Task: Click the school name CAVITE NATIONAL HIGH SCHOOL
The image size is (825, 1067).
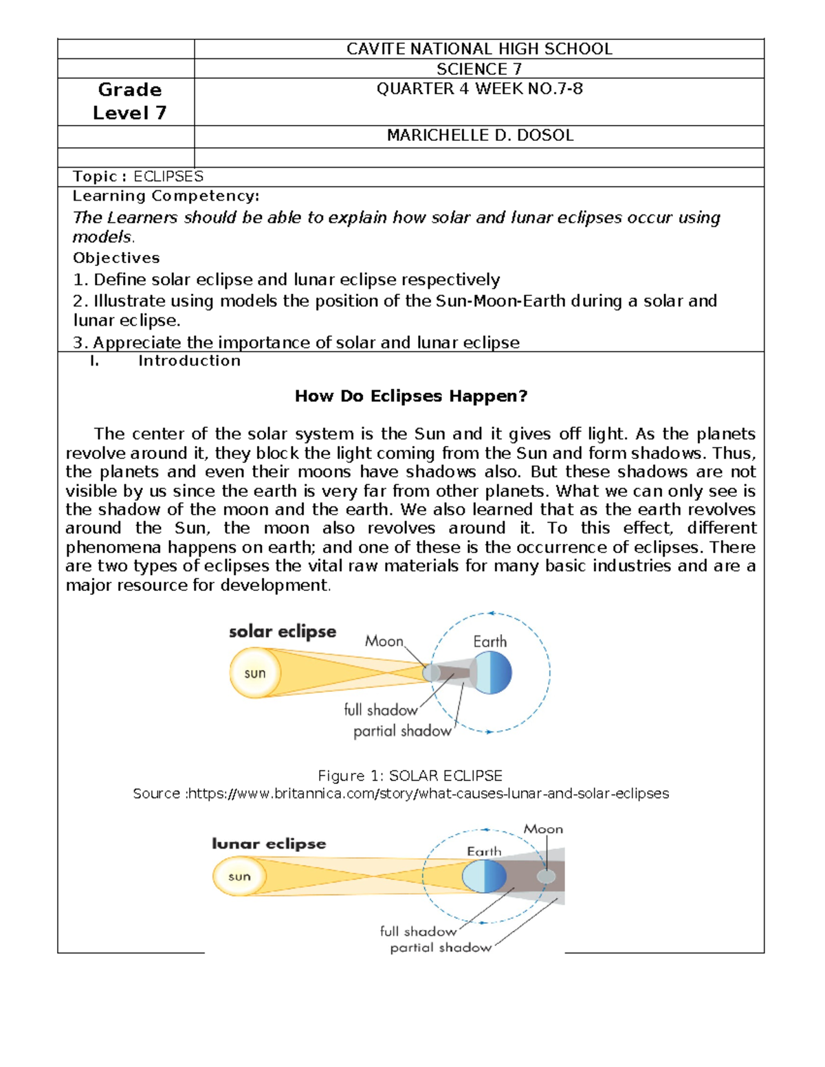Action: [479, 49]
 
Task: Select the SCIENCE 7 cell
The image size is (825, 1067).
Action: [479, 69]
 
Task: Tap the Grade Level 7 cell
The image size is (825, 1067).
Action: [129, 101]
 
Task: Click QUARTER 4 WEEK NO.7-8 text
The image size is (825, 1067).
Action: [479, 89]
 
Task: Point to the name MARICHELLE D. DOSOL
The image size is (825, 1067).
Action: [479, 135]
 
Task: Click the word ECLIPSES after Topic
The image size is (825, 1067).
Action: [168, 177]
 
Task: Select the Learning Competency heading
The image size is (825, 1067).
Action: [166, 196]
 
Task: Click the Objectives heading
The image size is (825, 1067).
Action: [116, 258]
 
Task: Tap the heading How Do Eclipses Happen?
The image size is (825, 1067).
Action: [410, 396]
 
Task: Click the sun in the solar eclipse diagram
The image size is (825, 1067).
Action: [255, 673]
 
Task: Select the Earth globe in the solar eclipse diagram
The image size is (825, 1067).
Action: [492, 673]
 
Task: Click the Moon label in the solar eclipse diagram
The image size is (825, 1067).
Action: [384, 641]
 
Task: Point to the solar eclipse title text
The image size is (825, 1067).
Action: [283, 631]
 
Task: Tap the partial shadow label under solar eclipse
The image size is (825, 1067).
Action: [402, 731]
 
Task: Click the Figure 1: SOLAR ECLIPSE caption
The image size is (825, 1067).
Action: [410, 776]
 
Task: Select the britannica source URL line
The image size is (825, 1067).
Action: [401, 794]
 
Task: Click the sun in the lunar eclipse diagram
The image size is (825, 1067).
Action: [239, 877]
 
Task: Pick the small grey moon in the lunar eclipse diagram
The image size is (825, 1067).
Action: [547, 877]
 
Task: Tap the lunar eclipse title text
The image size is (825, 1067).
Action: [269, 844]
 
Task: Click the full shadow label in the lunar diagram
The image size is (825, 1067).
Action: [418, 931]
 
